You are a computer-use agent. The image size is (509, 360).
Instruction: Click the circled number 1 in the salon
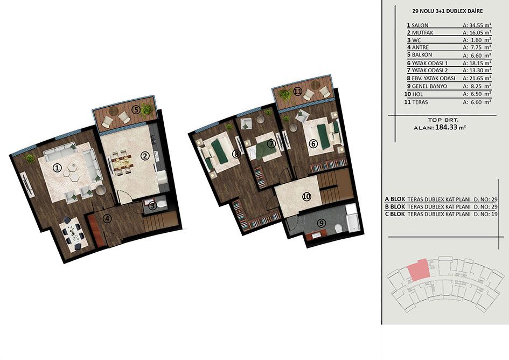[x=57, y=168]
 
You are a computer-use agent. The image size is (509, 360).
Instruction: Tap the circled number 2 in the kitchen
[x=144, y=156]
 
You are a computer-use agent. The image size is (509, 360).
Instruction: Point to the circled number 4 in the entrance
[x=107, y=219]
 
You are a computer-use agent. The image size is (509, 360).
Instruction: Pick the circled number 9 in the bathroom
[x=321, y=223]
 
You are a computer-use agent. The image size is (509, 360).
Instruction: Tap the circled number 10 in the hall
[x=306, y=197]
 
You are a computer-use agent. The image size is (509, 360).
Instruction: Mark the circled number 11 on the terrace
[x=298, y=92]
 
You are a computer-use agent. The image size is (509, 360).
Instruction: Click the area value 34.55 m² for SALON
[x=477, y=25]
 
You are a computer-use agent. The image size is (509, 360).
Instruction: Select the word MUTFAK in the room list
[x=422, y=32]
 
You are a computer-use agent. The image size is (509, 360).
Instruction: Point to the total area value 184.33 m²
[x=451, y=127]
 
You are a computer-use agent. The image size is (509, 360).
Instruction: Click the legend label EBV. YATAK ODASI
[x=434, y=78]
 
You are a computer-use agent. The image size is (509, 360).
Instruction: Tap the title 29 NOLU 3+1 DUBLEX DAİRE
[x=447, y=11]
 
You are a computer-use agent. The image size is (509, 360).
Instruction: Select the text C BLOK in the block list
[x=395, y=214]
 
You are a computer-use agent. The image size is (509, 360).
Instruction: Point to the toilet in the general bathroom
[x=338, y=229]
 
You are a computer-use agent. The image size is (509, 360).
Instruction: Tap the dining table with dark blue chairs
[x=73, y=233]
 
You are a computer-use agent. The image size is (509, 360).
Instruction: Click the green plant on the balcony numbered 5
[x=147, y=109]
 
